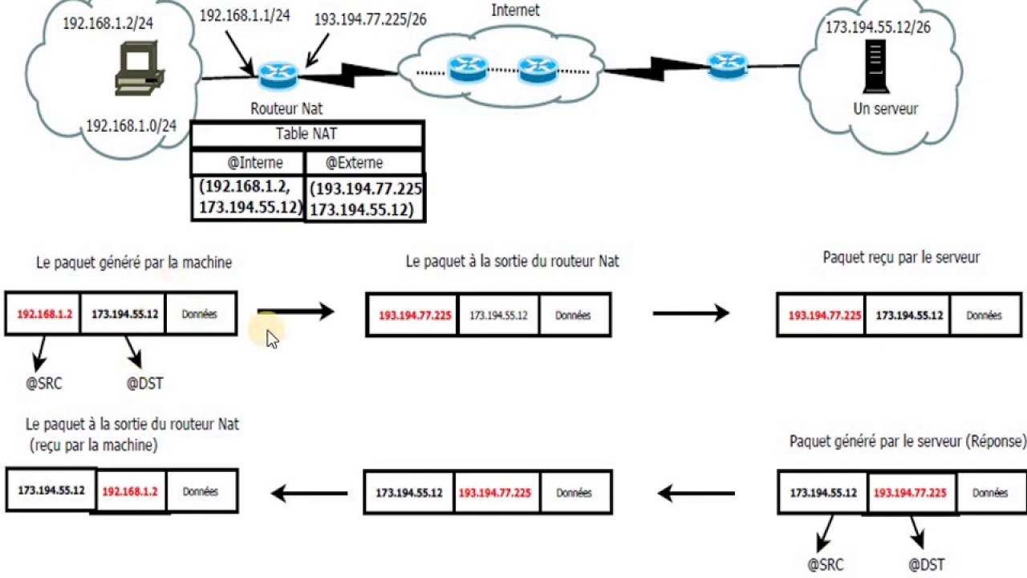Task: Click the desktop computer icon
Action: click(140, 69)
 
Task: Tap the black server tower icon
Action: click(875, 67)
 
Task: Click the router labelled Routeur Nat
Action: click(278, 75)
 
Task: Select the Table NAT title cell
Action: click(306, 134)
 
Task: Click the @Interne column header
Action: click(255, 163)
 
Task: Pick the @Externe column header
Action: click(354, 163)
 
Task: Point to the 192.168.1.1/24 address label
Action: click(245, 15)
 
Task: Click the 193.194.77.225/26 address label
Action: click(371, 19)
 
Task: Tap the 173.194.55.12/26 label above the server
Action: click(878, 27)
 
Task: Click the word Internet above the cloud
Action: click(515, 10)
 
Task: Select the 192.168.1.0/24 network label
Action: click(131, 126)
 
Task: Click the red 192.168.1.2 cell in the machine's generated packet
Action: click(44, 314)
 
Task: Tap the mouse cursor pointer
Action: click(272, 340)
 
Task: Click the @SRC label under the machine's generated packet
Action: click(44, 384)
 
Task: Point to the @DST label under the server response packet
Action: click(926, 564)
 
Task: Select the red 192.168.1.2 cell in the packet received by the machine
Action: click(130, 492)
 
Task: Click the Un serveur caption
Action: click(885, 108)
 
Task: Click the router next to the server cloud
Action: click(727, 65)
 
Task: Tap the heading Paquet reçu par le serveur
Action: click(901, 258)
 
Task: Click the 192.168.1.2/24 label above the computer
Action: click(108, 23)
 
